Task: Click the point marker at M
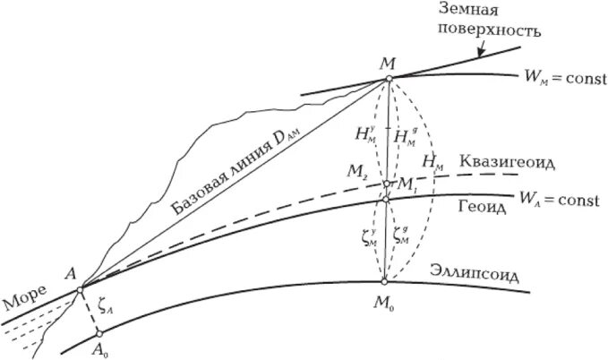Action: tap(388, 79)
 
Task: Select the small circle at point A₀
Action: tap(99, 334)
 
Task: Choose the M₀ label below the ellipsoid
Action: tap(385, 303)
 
